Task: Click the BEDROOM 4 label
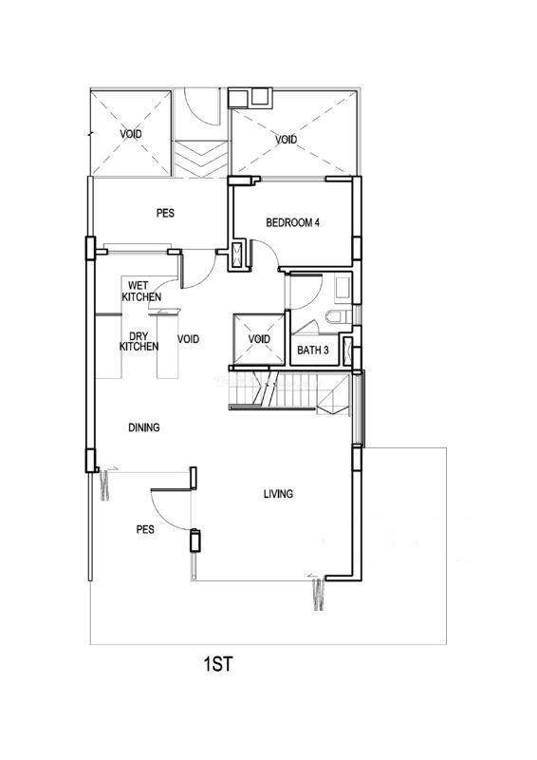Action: (x=292, y=223)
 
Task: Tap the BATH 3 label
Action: (x=313, y=350)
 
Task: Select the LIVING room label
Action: (x=278, y=494)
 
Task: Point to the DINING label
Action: (x=144, y=427)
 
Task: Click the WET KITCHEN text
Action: (x=141, y=291)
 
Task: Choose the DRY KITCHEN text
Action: (x=139, y=341)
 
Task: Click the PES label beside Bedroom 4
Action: (x=165, y=213)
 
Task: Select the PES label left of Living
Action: (x=145, y=529)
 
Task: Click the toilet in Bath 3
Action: (x=339, y=316)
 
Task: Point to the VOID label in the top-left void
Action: (x=131, y=134)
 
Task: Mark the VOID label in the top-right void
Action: (x=287, y=140)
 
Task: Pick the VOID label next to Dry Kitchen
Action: (x=189, y=339)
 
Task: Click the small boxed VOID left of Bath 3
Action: (x=259, y=339)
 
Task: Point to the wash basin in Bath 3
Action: (x=343, y=287)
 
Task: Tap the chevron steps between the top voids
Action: (x=200, y=159)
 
